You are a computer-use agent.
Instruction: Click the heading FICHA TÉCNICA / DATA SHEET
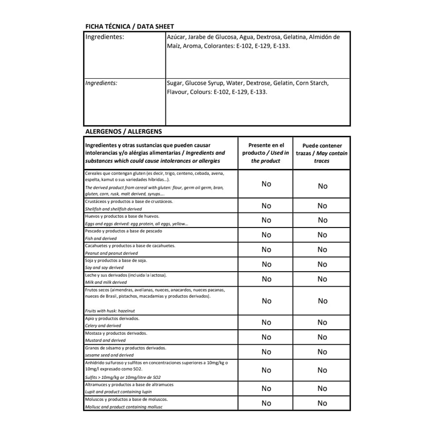(130, 27)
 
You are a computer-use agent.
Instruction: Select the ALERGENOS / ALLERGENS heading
(123, 131)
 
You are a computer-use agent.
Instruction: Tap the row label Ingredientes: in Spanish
(104, 37)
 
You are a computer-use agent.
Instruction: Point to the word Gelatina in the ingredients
(294, 37)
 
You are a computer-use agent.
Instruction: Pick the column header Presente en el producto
(266, 149)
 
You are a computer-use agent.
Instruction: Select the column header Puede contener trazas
(322, 149)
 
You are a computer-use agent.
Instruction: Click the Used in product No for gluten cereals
(266, 184)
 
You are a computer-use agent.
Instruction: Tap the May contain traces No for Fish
(322, 235)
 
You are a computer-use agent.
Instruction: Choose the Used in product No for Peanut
(266, 250)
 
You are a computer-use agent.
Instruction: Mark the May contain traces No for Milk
(322, 279)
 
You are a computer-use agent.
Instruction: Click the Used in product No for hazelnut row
(266, 301)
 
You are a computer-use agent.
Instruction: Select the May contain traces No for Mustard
(322, 337)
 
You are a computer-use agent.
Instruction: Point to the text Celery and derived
(103, 326)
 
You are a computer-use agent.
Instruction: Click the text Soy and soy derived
(104, 268)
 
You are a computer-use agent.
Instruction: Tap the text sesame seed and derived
(109, 355)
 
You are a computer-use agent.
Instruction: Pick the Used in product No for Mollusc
(266, 403)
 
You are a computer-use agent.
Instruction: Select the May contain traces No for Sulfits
(322, 370)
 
